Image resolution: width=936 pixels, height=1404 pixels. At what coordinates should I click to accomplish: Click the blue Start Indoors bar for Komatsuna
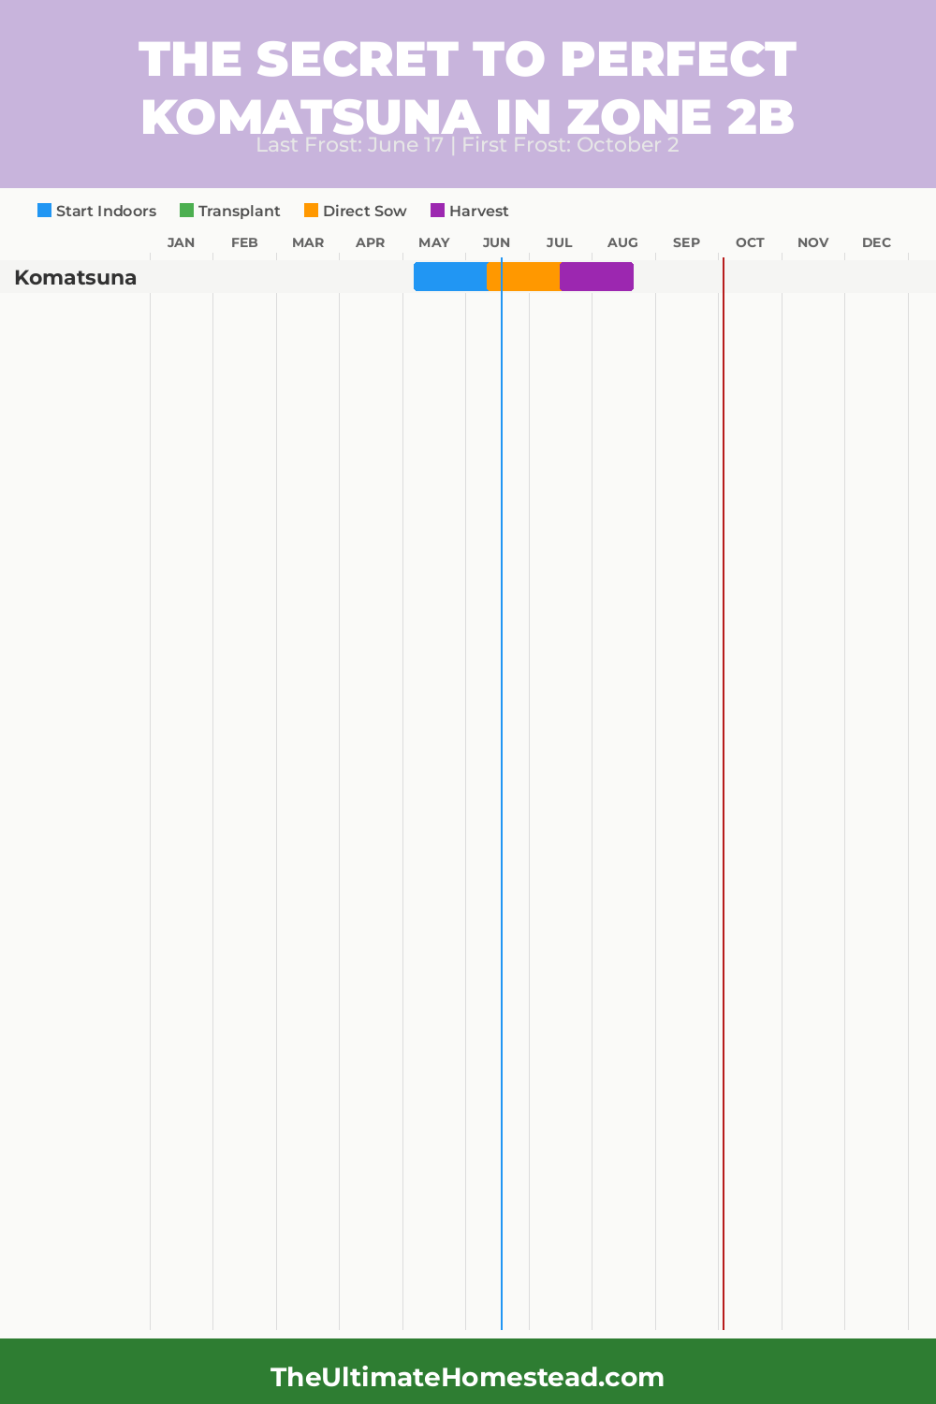point(450,277)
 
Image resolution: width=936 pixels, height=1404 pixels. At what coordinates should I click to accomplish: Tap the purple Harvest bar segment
point(596,277)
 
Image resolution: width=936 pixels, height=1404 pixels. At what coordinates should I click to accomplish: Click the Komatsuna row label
point(76,278)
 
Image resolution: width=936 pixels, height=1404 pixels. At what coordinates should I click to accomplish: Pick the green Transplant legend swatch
point(186,211)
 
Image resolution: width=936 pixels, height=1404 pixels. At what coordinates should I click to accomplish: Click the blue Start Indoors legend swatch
point(44,211)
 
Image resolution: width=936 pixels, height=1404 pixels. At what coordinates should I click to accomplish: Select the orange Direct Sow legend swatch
point(311,211)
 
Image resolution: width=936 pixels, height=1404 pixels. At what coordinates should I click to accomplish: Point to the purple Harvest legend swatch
point(437,211)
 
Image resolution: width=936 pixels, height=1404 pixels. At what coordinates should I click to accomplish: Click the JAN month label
point(181,242)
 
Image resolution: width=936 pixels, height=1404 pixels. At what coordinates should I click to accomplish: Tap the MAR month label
point(308,242)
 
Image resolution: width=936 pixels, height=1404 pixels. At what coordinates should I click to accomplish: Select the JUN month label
point(496,242)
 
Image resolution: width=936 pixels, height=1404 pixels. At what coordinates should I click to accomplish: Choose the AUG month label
point(622,242)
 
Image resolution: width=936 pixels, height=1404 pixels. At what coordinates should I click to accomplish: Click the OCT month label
point(750,242)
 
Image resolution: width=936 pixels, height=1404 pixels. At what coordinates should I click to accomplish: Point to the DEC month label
point(876,242)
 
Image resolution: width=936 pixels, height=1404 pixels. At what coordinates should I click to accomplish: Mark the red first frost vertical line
point(724,749)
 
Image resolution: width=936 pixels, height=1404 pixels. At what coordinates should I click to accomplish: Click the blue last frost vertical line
point(502,749)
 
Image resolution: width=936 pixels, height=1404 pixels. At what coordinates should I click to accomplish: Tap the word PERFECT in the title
point(678,59)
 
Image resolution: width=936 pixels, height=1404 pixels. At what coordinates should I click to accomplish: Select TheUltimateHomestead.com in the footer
point(467,1377)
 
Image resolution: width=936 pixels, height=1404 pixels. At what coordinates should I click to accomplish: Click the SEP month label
point(686,242)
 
